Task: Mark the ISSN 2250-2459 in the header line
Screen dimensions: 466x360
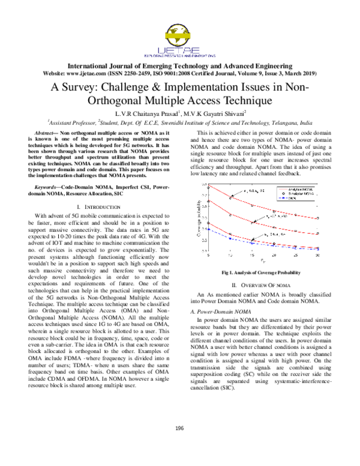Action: point(143,73)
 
